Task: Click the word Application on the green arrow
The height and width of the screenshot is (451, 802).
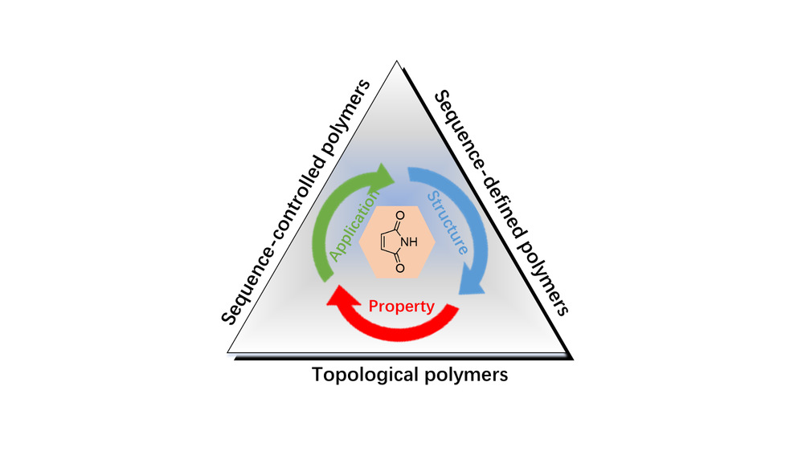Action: tap(354, 228)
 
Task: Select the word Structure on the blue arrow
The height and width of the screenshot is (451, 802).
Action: tap(448, 222)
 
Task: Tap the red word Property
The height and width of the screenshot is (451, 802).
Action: tap(401, 306)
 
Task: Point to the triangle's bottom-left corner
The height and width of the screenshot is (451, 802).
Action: tap(228, 353)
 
